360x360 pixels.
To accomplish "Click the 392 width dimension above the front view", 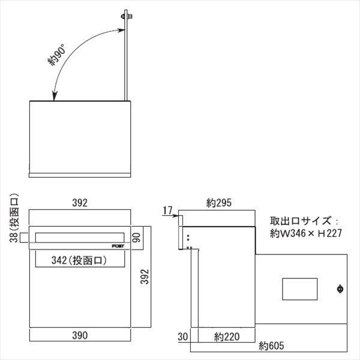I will [80, 203].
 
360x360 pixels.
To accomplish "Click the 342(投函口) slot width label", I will [80, 260].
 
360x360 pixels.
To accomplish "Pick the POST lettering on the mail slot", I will [119, 246].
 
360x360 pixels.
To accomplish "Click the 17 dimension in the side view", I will [168, 209].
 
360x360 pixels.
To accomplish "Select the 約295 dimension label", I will [218, 203].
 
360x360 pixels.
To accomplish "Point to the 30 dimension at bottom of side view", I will [184, 336].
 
